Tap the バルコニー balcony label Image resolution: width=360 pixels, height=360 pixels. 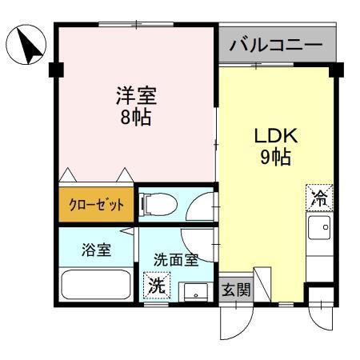(x=275, y=44)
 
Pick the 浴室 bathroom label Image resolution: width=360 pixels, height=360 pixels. (x=96, y=249)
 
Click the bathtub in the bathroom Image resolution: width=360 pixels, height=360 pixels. (x=96, y=284)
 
